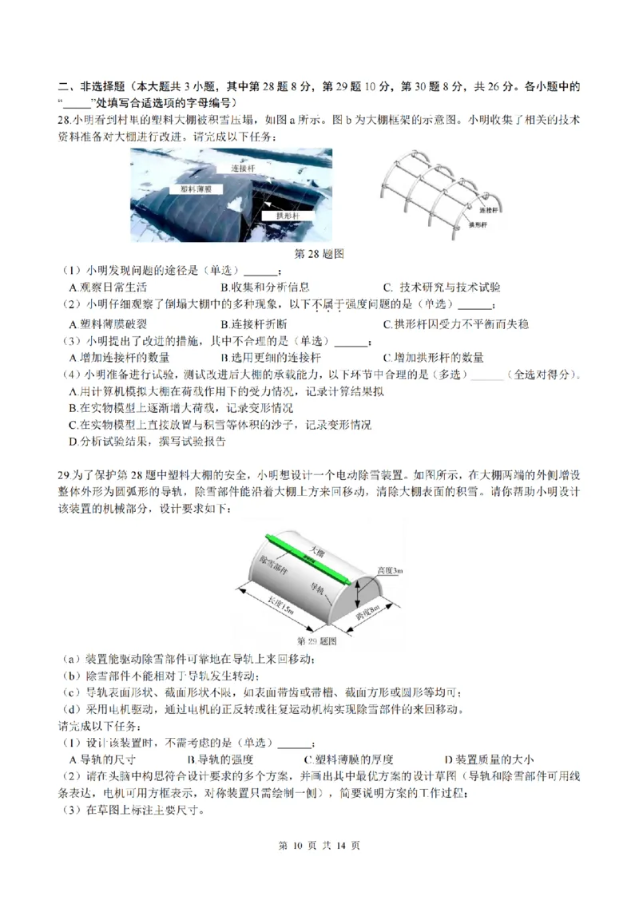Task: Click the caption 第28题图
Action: pyautogui.click(x=319, y=253)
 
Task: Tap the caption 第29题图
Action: pyautogui.click(x=318, y=641)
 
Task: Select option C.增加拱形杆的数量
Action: pyautogui.click(x=433, y=358)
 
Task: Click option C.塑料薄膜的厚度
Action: pyautogui.click(x=348, y=759)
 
